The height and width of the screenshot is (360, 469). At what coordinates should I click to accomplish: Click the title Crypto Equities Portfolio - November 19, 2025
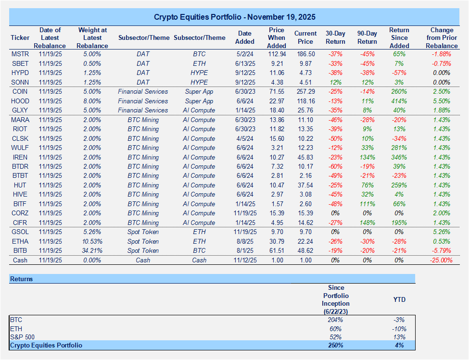point(234,17)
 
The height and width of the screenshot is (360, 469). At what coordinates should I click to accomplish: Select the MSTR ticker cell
point(20,54)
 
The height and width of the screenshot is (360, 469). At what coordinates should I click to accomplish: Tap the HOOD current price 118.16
point(306,101)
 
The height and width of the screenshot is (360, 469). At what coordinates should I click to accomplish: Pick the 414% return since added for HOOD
point(399,101)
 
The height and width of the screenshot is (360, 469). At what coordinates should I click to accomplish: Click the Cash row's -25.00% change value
point(441,260)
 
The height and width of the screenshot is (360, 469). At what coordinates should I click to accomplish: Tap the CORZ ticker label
point(20,213)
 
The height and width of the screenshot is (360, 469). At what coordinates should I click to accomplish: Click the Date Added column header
point(244,37)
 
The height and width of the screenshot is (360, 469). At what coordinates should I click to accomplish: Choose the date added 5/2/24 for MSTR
point(244,54)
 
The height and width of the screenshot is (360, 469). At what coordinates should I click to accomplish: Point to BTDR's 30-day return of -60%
point(335,166)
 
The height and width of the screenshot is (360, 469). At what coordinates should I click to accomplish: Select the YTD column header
point(399,299)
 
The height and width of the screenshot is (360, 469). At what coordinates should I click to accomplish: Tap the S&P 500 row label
point(22,336)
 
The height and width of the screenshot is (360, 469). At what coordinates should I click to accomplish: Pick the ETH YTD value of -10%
point(399,328)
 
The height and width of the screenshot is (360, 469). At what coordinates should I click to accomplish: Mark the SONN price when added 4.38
point(277,82)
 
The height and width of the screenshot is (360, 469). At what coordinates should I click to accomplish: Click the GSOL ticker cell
point(20,232)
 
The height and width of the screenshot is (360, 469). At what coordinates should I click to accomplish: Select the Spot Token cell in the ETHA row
point(143,241)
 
